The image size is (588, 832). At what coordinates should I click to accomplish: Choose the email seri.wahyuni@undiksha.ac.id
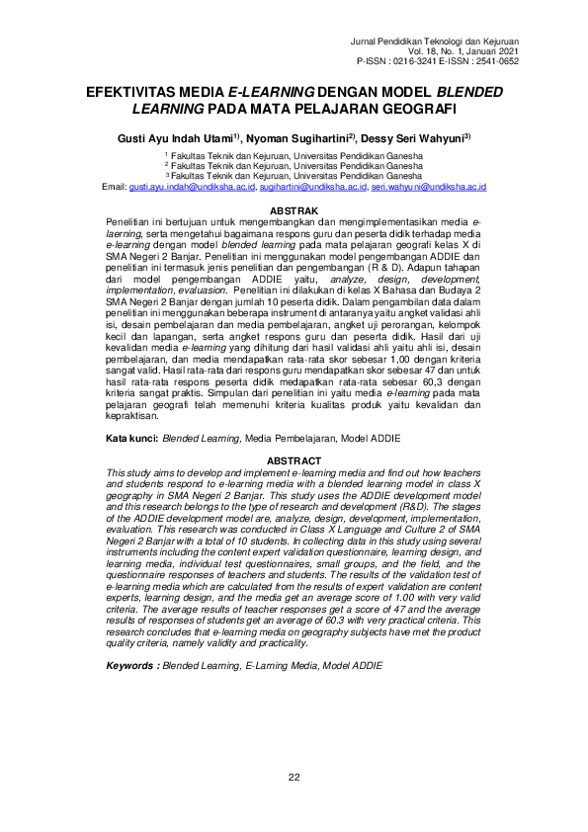pyautogui.click(x=428, y=187)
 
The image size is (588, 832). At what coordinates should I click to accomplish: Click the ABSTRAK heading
pyautogui.click(x=294, y=211)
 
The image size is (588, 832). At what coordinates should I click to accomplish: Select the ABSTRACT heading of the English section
pyautogui.click(x=294, y=461)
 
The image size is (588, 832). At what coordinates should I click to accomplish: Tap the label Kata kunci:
pyautogui.click(x=132, y=436)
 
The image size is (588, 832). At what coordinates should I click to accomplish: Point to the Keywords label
pyautogui.click(x=132, y=667)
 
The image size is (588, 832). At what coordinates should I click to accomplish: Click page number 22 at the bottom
pyautogui.click(x=294, y=776)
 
